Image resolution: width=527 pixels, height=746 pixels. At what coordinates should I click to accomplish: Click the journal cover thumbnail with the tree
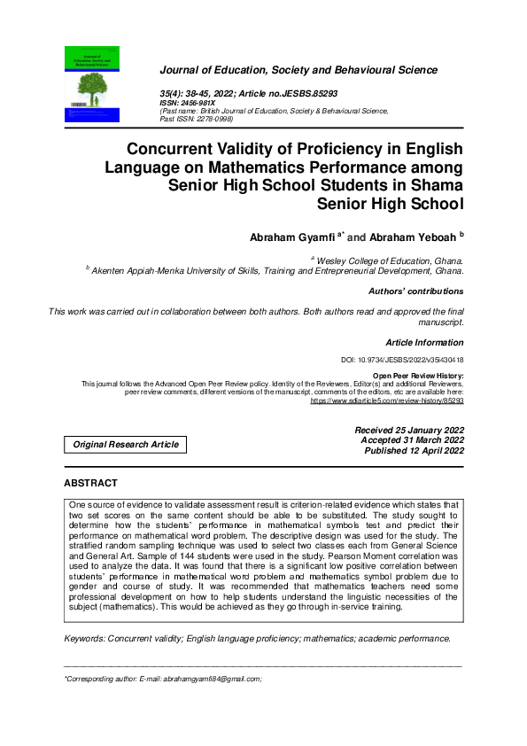point(97,83)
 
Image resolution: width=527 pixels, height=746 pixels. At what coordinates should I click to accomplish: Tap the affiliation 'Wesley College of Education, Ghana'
point(390,261)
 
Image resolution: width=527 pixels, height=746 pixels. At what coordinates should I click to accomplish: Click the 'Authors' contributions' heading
point(415,291)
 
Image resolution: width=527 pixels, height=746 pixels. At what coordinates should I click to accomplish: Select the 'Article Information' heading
point(424,342)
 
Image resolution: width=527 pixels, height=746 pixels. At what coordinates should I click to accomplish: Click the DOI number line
point(402,361)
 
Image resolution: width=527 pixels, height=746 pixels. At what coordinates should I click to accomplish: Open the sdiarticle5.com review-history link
point(386,400)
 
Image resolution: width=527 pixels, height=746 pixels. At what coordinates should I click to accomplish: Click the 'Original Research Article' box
point(125,444)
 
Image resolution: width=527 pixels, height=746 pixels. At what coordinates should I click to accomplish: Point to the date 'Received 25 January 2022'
point(408,430)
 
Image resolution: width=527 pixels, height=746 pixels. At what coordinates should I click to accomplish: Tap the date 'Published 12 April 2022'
point(414,451)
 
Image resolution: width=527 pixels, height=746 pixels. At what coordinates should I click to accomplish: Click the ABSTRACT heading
point(90,483)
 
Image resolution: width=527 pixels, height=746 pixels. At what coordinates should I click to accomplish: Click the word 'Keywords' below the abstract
point(84,638)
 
